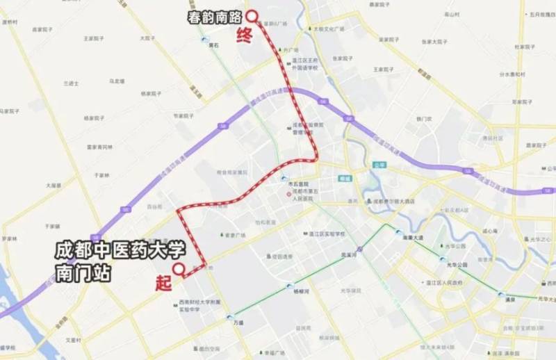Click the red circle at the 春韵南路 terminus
[252, 15]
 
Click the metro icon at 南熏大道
[398, 234]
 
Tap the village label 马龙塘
[117, 81]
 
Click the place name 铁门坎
[424, 119]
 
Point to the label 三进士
[72, 83]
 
